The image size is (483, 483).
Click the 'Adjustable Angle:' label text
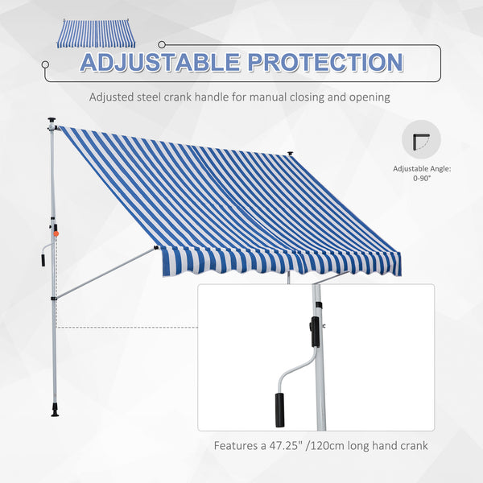click(421, 169)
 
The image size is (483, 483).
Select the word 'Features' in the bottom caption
click(237, 444)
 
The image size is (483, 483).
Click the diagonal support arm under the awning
click(105, 272)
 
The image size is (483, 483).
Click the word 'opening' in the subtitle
click(369, 97)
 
